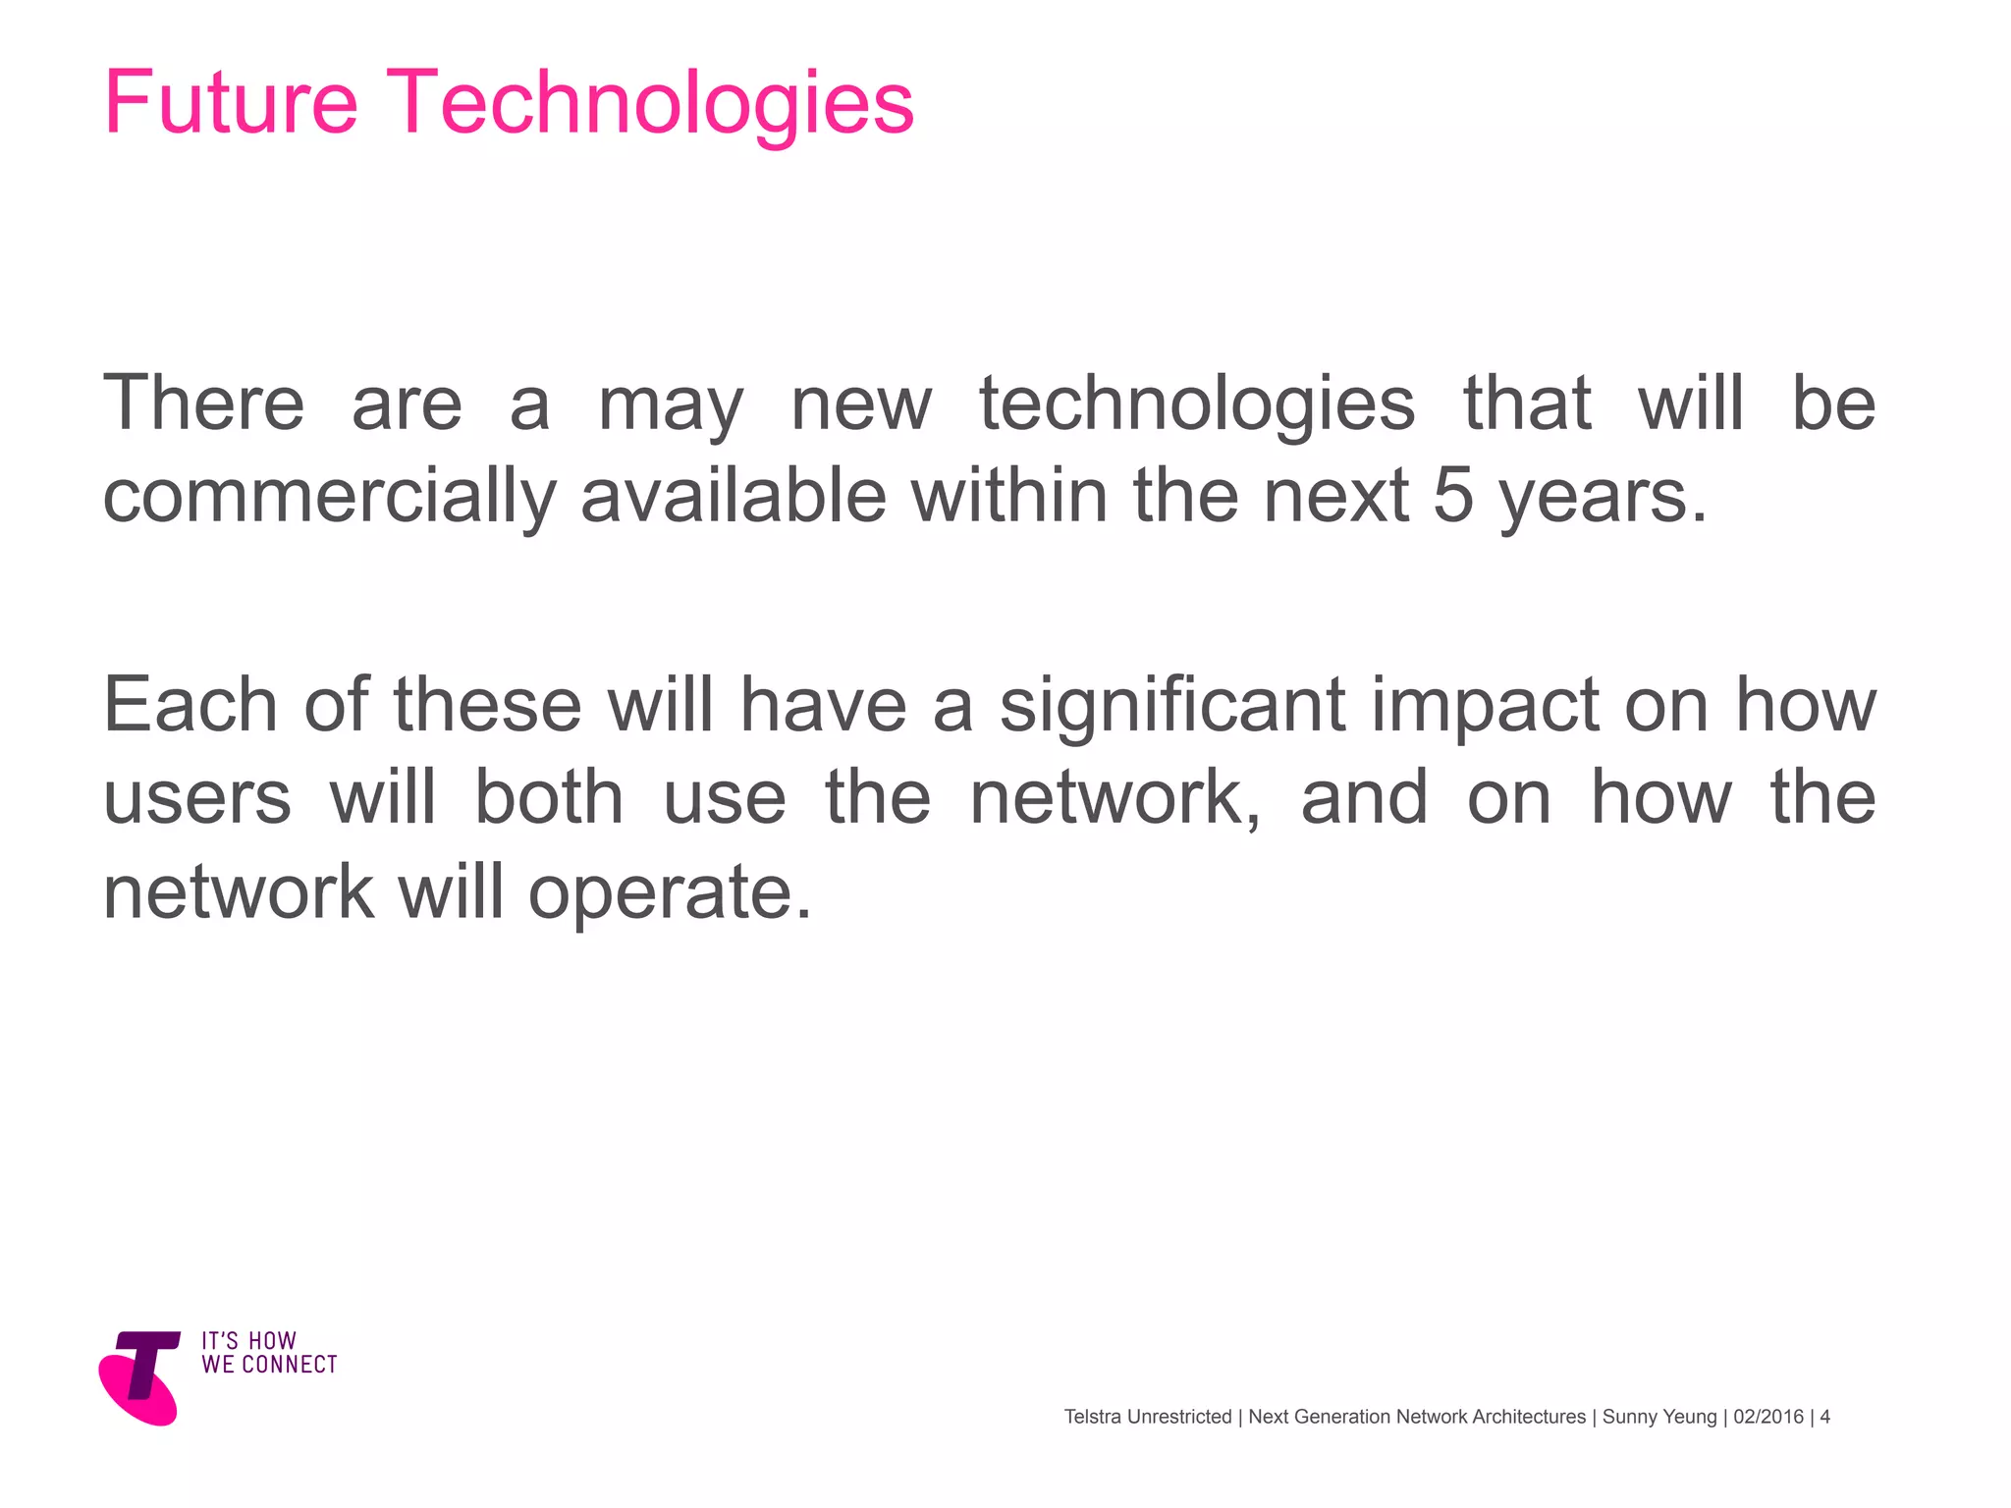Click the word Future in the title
tap(231, 102)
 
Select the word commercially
tap(329, 497)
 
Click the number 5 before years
tap(1452, 495)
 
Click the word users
tap(197, 797)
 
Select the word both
tap(549, 797)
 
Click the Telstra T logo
tap(140, 1376)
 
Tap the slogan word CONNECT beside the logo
tap(290, 1365)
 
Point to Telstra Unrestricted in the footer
tap(1147, 1417)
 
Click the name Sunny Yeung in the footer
tap(1658, 1417)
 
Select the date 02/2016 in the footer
tap(1768, 1417)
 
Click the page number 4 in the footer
tap(1824, 1417)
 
